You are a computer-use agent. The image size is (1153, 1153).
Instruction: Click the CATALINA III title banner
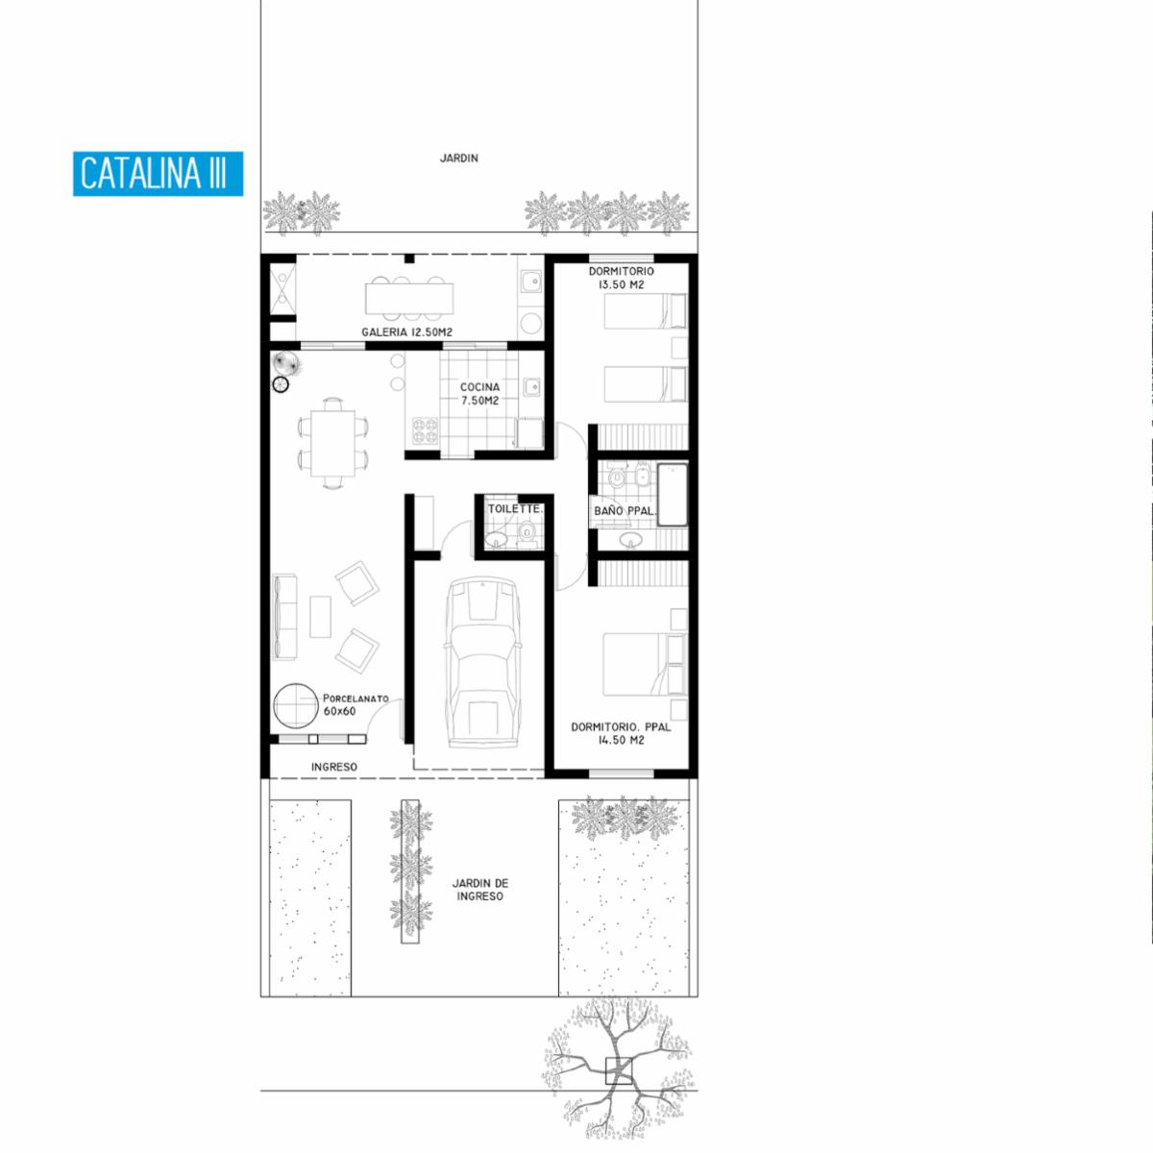158,174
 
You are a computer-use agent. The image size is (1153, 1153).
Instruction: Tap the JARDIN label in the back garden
459,158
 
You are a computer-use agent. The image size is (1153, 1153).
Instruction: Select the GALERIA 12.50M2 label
406,332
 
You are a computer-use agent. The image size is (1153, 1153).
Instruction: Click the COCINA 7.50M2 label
479,394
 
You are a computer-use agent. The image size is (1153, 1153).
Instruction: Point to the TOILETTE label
515,509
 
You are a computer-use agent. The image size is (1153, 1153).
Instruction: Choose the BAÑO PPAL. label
625,511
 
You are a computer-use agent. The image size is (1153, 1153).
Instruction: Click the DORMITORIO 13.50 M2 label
621,278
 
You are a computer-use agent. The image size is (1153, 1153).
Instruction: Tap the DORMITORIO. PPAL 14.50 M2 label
621,733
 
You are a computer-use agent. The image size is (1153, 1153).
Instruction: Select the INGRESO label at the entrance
333,767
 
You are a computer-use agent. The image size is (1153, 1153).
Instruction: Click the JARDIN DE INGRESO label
479,890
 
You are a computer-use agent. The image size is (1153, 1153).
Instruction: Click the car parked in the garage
481,662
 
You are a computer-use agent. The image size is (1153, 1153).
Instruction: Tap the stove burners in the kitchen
426,430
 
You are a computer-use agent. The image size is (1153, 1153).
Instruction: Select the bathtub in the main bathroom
674,494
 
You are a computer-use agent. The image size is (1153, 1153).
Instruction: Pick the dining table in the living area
332,443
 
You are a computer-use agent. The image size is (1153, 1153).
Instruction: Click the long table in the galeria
409,298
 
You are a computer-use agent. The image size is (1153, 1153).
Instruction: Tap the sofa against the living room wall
284,617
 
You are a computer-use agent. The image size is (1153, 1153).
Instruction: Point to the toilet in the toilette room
527,532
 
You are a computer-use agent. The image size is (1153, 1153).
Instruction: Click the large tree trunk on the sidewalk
618,1071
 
